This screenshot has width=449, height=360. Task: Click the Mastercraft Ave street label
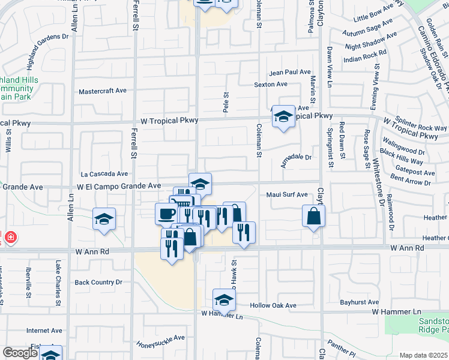pos(103,91)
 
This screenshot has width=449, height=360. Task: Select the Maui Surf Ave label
pos(287,195)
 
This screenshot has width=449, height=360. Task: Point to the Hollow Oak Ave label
pos(273,305)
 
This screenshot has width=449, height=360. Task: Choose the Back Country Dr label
pos(98,282)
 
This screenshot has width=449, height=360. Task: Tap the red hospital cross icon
pos(10,238)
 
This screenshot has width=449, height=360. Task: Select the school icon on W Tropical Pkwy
pos(283,118)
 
